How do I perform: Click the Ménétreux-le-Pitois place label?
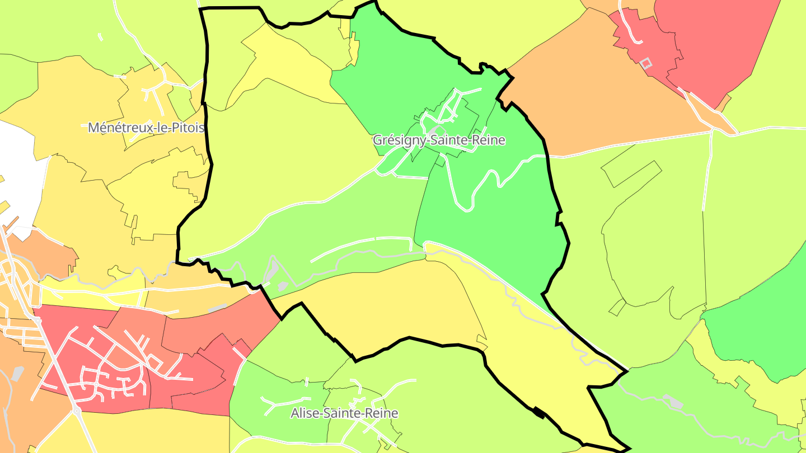pos(146,128)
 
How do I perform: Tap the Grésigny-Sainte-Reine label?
pos(439,140)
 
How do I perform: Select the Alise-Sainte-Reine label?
pos(344,413)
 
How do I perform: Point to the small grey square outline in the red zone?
pos(646,63)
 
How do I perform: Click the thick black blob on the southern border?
pos(538,413)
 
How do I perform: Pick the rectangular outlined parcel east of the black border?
pos(631,173)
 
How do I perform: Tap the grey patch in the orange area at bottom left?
pos(17,374)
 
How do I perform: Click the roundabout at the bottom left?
pos(76,410)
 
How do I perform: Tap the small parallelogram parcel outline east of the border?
pos(617,307)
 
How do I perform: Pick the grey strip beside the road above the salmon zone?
pos(217,308)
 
